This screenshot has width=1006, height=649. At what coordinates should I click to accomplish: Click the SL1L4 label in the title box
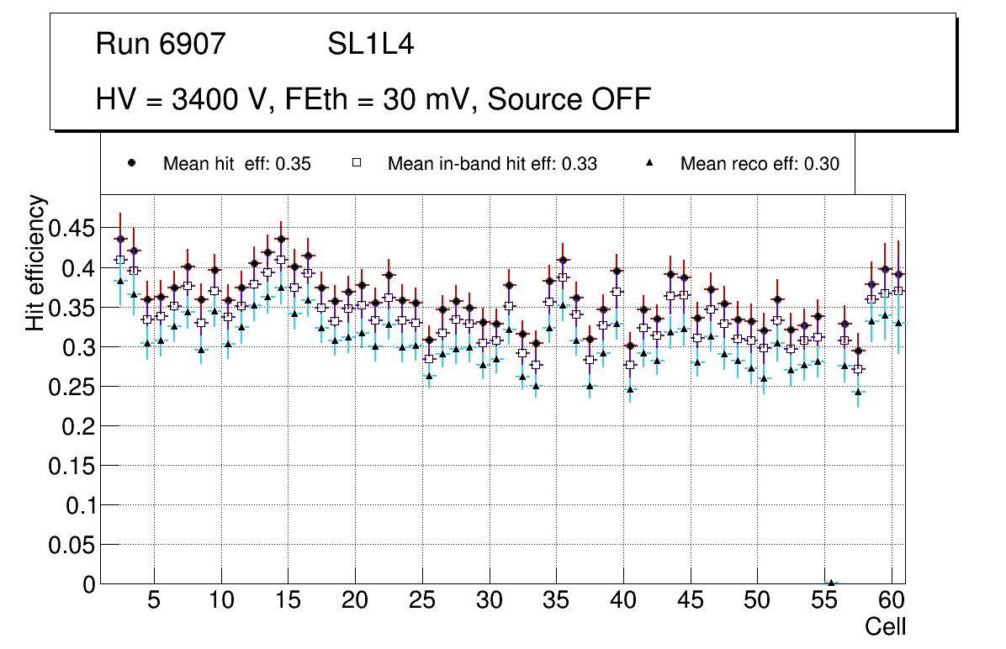tap(370, 44)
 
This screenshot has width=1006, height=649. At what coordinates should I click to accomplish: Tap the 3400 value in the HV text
tap(205, 99)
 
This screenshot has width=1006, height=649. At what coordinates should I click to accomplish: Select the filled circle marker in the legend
tap(131, 163)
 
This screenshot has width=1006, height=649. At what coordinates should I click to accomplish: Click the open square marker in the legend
tap(356, 163)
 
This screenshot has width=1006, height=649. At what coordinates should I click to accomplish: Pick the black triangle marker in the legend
tap(649, 164)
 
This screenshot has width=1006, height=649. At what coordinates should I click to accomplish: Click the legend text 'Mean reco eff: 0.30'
tap(759, 164)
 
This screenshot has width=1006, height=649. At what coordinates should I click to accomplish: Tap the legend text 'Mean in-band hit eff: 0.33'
tap(492, 164)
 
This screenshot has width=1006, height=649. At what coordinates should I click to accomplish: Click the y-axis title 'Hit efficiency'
tap(35, 262)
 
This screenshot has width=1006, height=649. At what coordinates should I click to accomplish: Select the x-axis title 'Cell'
tap(885, 627)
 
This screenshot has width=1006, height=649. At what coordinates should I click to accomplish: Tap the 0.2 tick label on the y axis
tap(78, 427)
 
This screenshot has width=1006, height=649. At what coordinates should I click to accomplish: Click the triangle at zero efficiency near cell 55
tap(831, 583)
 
